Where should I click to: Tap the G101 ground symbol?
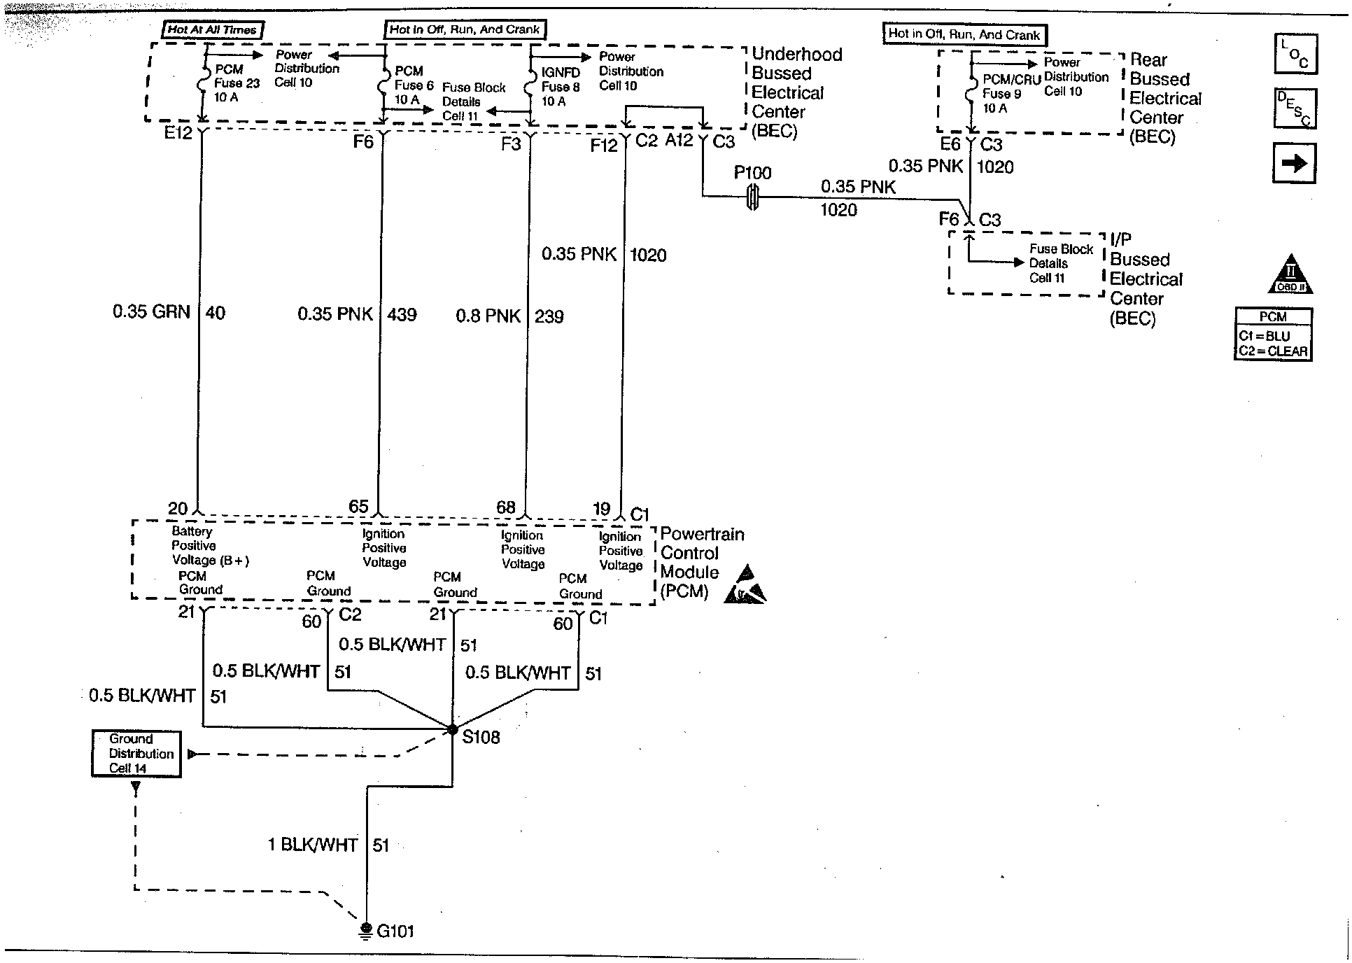[x=365, y=930]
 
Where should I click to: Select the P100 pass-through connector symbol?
[x=752, y=197]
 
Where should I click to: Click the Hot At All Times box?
[x=212, y=29]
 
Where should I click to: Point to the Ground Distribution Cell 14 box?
[x=136, y=754]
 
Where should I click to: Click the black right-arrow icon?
[x=1294, y=163]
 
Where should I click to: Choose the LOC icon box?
[x=1295, y=54]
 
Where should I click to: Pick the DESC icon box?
[x=1295, y=108]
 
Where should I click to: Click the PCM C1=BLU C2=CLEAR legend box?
[x=1273, y=335]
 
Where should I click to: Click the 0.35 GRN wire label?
[x=151, y=312]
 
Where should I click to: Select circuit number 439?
[x=402, y=315]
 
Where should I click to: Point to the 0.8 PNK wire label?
[x=488, y=316]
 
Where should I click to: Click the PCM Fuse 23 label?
[x=234, y=83]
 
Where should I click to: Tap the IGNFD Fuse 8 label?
[x=561, y=87]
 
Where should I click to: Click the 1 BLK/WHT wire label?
[x=313, y=845]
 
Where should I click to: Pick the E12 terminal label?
[x=178, y=133]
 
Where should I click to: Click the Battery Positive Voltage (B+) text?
[x=209, y=546]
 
